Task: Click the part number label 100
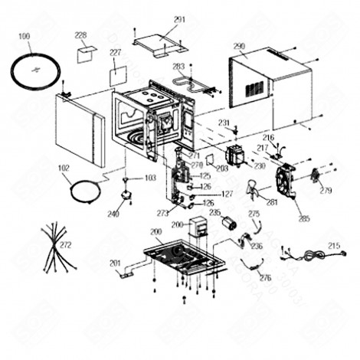pos(23,36)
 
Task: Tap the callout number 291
pos(180,19)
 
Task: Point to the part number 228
pos(80,35)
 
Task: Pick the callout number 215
pos(334,246)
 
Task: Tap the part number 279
pos(326,190)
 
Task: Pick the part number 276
pos(265,277)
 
